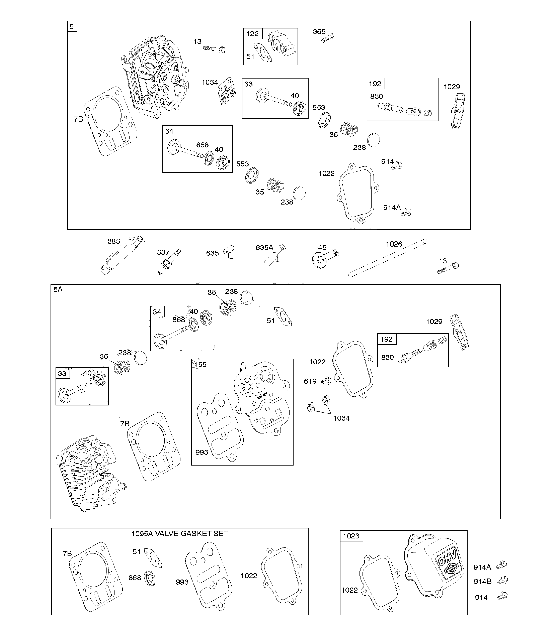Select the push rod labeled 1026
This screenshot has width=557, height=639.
(387, 258)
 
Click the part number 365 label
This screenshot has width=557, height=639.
(319, 32)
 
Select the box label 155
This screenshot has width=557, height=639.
(200, 365)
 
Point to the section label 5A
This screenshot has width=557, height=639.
(58, 290)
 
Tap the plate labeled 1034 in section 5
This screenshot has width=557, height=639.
(226, 91)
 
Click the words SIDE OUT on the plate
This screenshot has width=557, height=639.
(262, 396)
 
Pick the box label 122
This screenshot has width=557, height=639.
(252, 33)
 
